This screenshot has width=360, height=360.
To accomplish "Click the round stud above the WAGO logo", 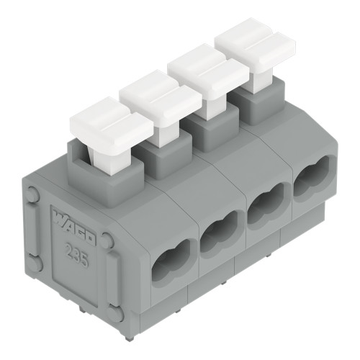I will (x=33, y=193).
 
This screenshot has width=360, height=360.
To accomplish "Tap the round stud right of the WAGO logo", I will (x=107, y=240).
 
